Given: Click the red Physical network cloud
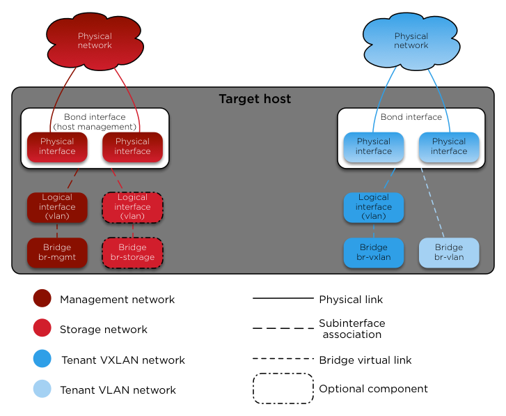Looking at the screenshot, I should point(95,40).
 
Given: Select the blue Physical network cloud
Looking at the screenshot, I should point(411,40).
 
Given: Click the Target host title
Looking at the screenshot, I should point(255,99).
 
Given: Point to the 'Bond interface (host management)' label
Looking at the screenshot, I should point(95,122).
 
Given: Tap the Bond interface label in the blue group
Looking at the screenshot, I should point(411,117).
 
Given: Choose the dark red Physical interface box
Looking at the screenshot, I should point(57,146).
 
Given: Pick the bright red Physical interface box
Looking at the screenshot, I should point(132,146).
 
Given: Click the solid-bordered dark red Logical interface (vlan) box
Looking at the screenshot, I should point(57,207).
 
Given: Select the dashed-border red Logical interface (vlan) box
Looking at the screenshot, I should point(132,207).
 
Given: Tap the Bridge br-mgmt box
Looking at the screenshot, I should point(57,252).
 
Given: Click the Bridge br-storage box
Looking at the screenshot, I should point(132,252).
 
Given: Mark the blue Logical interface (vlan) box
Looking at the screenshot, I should point(374,207).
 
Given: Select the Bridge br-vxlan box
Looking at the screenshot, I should point(374,252).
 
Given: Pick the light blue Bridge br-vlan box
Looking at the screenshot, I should point(449,252).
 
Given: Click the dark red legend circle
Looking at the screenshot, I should point(42,298).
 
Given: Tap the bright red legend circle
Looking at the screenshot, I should point(42,328).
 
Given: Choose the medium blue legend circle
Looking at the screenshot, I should point(42,358).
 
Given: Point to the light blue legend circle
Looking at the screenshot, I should point(42,389).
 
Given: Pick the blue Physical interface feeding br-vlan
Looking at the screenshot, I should point(449,146).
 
